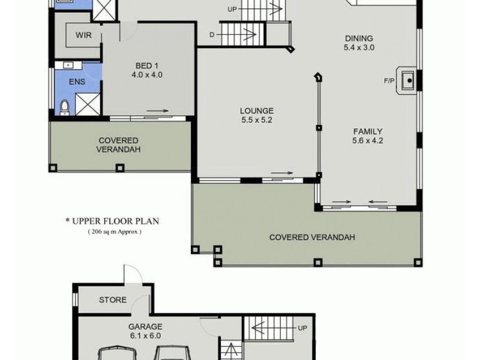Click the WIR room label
click(83, 35)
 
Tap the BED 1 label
click(147, 65)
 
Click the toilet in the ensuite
click(65, 106)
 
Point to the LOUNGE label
click(257, 111)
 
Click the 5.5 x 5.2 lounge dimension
click(257, 120)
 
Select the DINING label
click(359, 38)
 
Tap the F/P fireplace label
click(389, 80)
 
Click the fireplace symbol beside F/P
click(408, 79)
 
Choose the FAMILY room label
click(368, 131)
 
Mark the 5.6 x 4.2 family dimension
click(368, 141)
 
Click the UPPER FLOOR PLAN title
click(112, 221)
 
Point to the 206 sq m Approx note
click(115, 231)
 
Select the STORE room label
click(113, 300)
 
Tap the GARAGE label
click(145, 327)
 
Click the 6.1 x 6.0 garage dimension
click(145, 336)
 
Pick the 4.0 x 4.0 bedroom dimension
click(147, 75)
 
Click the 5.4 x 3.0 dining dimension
click(359, 47)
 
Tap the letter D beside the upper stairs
click(212, 35)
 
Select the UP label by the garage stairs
click(302, 328)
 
